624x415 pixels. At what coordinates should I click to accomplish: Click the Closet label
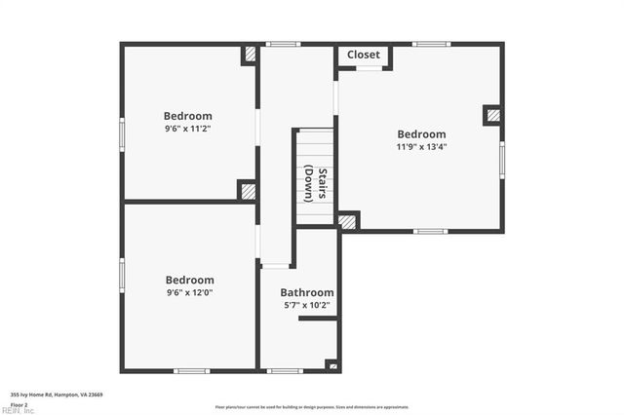[x=364, y=55]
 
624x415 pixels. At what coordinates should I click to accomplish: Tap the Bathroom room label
[x=307, y=292]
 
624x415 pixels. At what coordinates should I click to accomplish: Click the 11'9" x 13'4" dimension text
[x=421, y=148]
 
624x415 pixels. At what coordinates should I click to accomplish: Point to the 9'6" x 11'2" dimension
[x=188, y=128]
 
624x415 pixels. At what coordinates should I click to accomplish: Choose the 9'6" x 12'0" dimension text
[x=189, y=292]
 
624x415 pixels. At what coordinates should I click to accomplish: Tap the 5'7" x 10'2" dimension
[x=307, y=305]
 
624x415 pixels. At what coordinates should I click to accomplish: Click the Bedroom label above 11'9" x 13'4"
[x=421, y=134]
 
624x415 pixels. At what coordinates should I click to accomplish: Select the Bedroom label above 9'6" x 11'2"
[x=188, y=115]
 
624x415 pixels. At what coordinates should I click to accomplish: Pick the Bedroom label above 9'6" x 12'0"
[x=189, y=280]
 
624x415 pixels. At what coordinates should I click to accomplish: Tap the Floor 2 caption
[x=19, y=404]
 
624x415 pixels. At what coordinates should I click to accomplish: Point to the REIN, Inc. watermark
[x=18, y=411]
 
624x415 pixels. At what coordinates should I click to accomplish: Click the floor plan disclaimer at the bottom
[x=312, y=406]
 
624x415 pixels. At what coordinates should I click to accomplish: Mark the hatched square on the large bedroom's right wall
[x=493, y=115]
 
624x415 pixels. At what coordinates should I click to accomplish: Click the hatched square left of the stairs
[x=248, y=191]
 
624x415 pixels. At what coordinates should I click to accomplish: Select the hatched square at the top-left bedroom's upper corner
[x=250, y=55]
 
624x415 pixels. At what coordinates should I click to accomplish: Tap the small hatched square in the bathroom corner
[x=332, y=365]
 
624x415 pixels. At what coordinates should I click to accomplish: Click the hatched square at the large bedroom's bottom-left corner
[x=348, y=221]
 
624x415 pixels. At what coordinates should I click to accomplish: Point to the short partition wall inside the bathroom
[x=318, y=318]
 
